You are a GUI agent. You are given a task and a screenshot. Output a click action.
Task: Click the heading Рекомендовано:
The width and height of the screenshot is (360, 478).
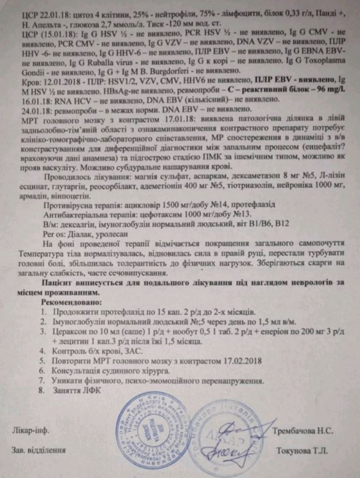(71, 302)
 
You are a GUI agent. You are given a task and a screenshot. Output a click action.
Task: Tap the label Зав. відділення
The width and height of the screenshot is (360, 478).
(38, 450)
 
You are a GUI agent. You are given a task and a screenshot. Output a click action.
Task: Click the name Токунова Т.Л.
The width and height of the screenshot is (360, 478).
(302, 450)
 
